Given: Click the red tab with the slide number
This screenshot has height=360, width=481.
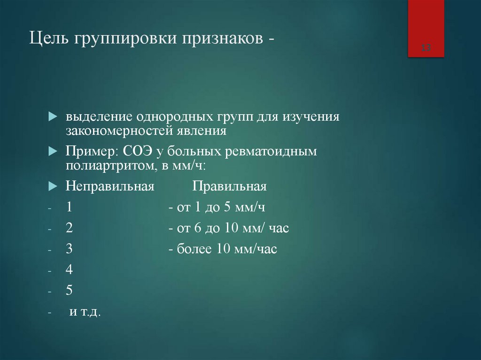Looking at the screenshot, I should click(426, 29).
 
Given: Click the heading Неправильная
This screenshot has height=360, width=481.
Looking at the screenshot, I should click(110, 186).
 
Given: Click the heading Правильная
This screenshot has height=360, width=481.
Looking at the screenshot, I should click(229, 186).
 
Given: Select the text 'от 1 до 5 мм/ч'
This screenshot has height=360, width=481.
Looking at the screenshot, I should click(220, 207).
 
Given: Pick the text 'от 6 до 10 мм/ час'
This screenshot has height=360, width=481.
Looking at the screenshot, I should click(229, 228).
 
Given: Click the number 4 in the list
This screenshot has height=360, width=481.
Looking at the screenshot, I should click(69, 270).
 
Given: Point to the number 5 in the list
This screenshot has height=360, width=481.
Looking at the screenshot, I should click(69, 291).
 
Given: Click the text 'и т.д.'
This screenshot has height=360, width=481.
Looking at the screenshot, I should click(85, 312).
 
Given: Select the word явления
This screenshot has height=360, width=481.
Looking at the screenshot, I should click(207, 130).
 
